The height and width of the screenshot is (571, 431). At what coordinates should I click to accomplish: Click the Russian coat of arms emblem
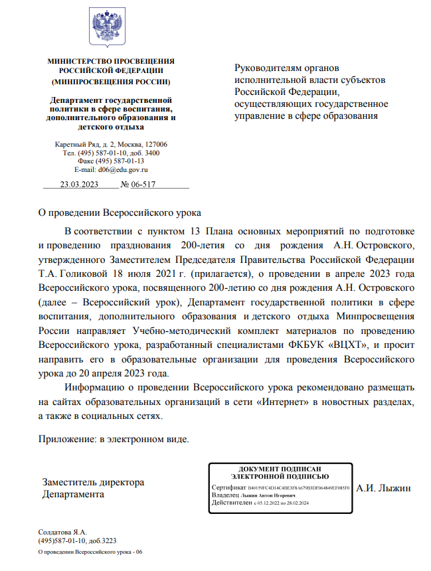click(107, 27)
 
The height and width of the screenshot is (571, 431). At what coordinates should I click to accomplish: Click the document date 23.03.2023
click(79, 185)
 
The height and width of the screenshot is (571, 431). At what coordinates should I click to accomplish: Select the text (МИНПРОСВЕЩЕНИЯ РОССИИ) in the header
click(111, 82)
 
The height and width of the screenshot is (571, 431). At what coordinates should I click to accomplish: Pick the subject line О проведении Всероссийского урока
click(118, 213)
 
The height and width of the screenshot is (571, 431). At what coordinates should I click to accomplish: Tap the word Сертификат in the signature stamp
click(228, 487)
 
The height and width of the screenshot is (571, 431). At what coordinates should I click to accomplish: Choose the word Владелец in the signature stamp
click(226, 495)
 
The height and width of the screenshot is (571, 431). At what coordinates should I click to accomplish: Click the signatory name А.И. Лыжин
click(384, 489)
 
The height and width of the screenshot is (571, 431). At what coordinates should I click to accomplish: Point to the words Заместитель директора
click(93, 482)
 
